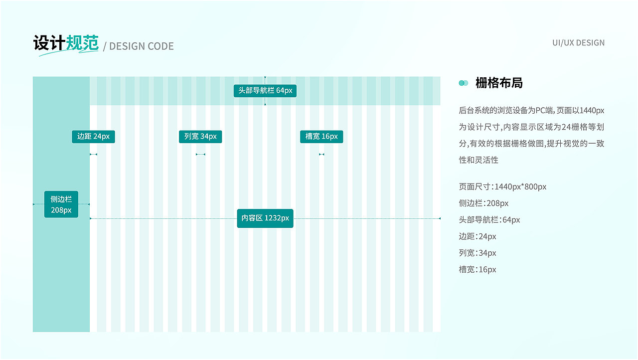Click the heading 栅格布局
[x=499, y=83]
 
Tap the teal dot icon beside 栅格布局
[x=464, y=83]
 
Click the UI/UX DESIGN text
[x=579, y=43]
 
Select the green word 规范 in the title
[x=82, y=43]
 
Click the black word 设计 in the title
[x=49, y=43]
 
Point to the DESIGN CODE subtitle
[x=141, y=46]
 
